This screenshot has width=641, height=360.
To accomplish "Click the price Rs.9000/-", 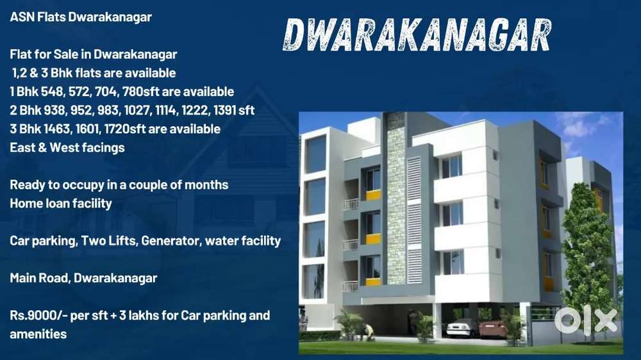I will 40,315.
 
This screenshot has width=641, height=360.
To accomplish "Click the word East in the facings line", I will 23,147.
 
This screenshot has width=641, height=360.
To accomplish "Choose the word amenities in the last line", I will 38,334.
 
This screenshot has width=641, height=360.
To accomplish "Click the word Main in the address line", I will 23,278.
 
